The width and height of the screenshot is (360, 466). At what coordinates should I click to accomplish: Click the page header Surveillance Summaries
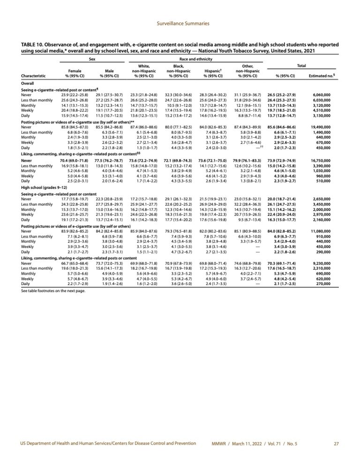tap(180, 23)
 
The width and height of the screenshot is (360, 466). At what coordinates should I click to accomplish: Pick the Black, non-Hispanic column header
tap(178, 71)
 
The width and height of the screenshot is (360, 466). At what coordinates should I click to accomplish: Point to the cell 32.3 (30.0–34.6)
tap(178, 95)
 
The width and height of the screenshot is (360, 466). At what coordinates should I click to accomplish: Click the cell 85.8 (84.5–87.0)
tap(73, 127)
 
